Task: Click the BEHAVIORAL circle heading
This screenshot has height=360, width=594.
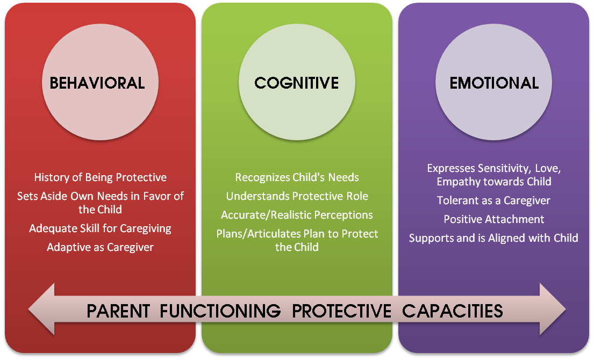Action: (x=97, y=83)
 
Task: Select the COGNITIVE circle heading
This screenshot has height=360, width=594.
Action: (x=297, y=83)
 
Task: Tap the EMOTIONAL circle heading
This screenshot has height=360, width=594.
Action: (x=494, y=83)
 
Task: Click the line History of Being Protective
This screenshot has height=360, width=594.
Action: (x=101, y=177)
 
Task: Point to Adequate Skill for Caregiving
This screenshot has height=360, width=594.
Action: (x=101, y=229)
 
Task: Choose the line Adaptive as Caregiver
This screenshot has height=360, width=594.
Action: (x=101, y=247)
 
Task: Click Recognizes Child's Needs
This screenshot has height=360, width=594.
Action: (x=297, y=177)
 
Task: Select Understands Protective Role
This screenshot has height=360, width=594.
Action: (x=297, y=196)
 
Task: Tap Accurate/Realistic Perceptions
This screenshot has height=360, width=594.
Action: (x=297, y=215)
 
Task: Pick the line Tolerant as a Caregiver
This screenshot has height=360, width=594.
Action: (x=493, y=200)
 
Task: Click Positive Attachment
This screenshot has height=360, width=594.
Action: (x=493, y=219)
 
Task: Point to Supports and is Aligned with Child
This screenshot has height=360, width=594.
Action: (x=493, y=238)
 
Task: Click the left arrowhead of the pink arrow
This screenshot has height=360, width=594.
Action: (x=42, y=309)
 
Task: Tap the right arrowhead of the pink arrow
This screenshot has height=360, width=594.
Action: (x=553, y=309)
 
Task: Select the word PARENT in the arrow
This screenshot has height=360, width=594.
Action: (x=118, y=311)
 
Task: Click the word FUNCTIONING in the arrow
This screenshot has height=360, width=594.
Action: (x=220, y=311)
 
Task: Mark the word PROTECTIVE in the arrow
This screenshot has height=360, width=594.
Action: (x=341, y=311)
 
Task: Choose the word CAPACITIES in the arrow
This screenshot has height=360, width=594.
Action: (x=452, y=311)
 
